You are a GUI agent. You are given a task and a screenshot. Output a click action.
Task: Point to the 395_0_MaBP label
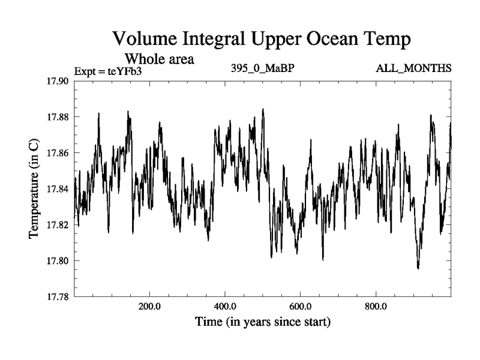click(x=262, y=68)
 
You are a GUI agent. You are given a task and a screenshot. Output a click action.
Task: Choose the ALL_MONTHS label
click(x=413, y=68)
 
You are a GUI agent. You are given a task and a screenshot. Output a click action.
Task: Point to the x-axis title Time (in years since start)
click(x=262, y=322)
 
